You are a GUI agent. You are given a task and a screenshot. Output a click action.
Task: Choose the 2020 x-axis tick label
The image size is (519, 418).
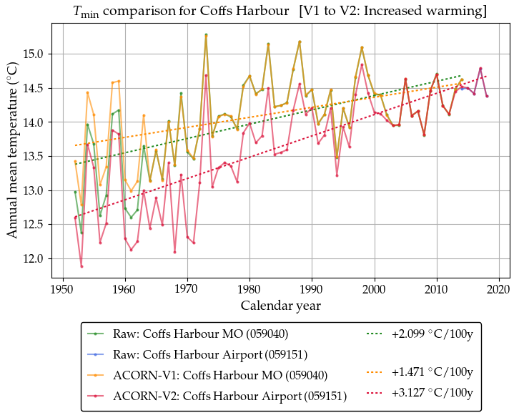pyautogui.click(x=498, y=290)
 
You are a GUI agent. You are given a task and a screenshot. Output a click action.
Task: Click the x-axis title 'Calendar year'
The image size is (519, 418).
pyautogui.click(x=281, y=306)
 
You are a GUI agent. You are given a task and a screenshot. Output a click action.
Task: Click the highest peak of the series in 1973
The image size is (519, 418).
pyautogui.click(x=206, y=34)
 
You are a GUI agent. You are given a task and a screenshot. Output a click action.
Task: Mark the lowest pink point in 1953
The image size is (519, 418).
pyautogui.click(x=81, y=266)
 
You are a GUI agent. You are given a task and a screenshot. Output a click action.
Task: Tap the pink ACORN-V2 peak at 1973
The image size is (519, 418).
pyautogui.click(x=206, y=75)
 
